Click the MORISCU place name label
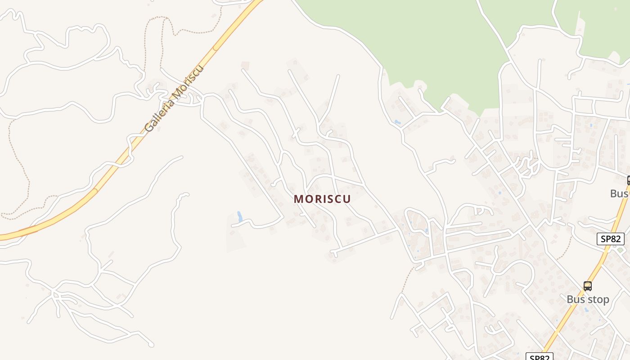322,199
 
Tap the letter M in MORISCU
298,199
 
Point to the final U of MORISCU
347,199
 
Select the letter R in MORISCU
317,199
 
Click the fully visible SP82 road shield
610,239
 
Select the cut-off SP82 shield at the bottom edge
539,357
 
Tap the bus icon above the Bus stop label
588,286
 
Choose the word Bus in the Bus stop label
576,299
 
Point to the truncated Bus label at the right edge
620,193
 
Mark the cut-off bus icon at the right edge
628,181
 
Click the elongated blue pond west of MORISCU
239,216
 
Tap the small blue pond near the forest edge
397,122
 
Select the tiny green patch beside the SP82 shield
621,250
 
